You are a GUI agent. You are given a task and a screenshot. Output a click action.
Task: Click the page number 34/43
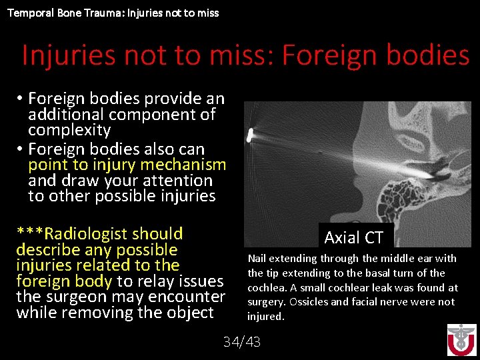pyautogui.click(x=242, y=342)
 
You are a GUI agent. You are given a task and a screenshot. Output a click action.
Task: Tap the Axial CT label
pyautogui.click(x=353, y=237)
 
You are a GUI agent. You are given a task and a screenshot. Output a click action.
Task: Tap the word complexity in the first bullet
pyautogui.click(x=69, y=130)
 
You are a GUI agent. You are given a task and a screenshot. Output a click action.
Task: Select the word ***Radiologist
pyautogui.click(x=100, y=234)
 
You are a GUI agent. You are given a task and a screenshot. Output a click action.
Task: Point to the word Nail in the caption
pyautogui.click(x=257, y=259)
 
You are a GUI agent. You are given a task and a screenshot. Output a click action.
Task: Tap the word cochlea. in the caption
pyautogui.click(x=265, y=287)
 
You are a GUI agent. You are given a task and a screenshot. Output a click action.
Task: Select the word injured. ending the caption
pyautogui.click(x=265, y=317)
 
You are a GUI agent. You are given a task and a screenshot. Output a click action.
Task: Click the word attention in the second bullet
pyautogui.click(x=180, y=181)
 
